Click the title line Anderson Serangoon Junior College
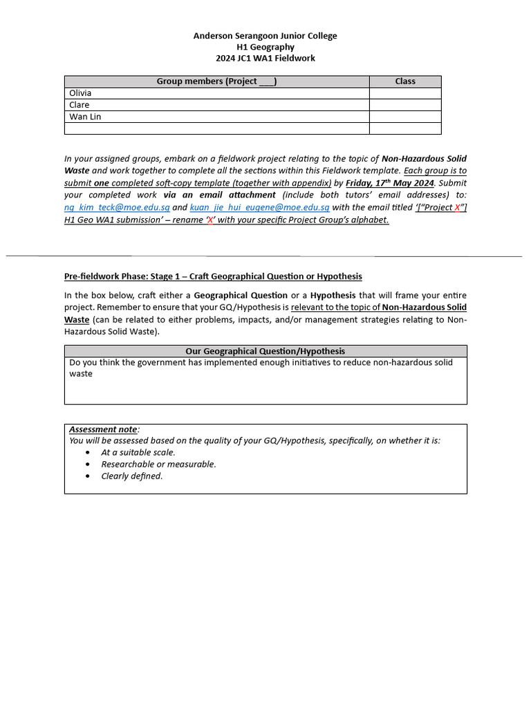point(265,36)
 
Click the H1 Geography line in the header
point(265,47)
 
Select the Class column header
point(404,81)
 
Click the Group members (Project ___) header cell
point(216,81)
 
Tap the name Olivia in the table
point(80,93)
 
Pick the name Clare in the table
point(80,105)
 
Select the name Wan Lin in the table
point(85,117)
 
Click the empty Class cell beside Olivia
point(404,93)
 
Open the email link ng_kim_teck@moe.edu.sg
point(112,207)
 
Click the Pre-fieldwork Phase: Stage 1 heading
point(213,276)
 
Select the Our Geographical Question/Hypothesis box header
point(265,351)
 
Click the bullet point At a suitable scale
point(138,453)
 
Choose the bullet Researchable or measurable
point(158,465)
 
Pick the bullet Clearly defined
point(132,476)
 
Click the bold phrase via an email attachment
point(219,195)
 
